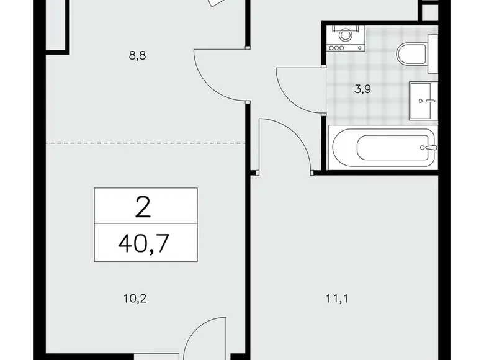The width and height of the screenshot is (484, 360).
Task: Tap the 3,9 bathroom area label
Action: pos(362,89)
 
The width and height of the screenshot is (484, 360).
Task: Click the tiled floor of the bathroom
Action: pos(372,106)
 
